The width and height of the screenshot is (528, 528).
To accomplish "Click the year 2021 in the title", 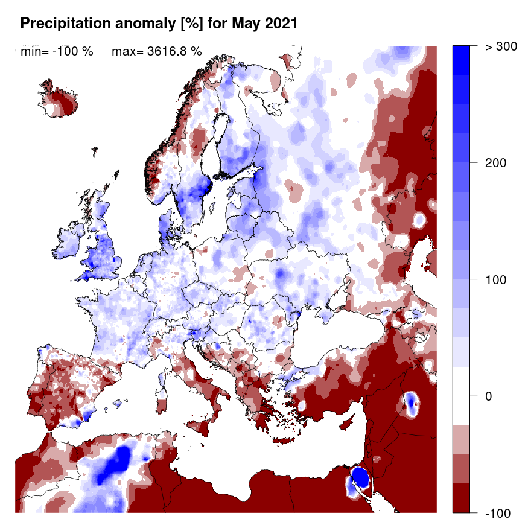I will coord(282,24).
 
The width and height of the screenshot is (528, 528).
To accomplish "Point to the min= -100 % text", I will coord(57,51).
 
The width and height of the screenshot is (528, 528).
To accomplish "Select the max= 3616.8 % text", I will coord(156,51).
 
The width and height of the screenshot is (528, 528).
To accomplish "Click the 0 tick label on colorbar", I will coord(488,396).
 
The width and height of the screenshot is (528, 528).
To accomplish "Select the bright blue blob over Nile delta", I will coord(360,477).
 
